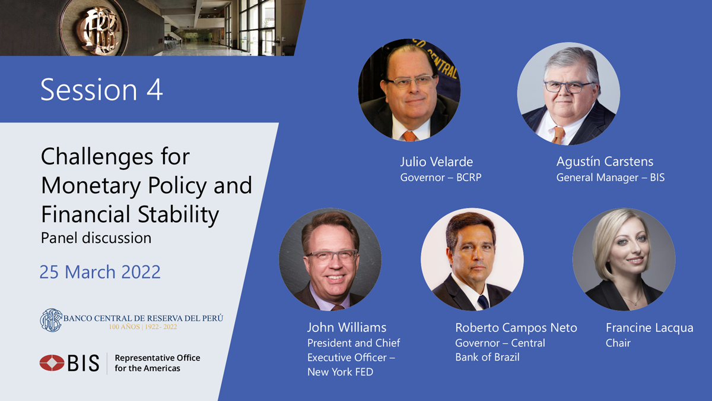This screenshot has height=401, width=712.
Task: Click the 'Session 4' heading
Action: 101,90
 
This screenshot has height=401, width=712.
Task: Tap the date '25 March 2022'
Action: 100,272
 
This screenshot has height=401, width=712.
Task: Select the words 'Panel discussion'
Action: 96,238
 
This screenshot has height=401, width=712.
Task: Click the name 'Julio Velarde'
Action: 437,162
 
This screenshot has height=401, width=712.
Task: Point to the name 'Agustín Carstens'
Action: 605,162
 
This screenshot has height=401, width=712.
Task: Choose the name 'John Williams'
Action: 347,327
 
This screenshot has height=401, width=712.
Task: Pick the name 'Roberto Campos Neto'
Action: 516,327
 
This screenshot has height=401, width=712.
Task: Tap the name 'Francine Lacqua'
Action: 649,328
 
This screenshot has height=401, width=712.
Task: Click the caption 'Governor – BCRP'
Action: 441,177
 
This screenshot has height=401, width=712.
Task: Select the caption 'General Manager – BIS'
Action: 611,177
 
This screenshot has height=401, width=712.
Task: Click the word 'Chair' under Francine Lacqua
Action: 618,343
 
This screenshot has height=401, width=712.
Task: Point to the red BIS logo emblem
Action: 52,363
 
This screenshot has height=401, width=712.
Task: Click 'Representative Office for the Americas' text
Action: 157,363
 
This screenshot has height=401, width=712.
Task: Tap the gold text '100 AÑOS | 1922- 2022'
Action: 143,327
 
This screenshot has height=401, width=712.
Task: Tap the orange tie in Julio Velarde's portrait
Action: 409,136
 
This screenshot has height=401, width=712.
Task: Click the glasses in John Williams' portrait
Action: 332,255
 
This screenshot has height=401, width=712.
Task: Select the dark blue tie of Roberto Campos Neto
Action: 483,302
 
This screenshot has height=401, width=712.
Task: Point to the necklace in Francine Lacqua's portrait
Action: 632,301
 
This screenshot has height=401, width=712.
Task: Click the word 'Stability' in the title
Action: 179,214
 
